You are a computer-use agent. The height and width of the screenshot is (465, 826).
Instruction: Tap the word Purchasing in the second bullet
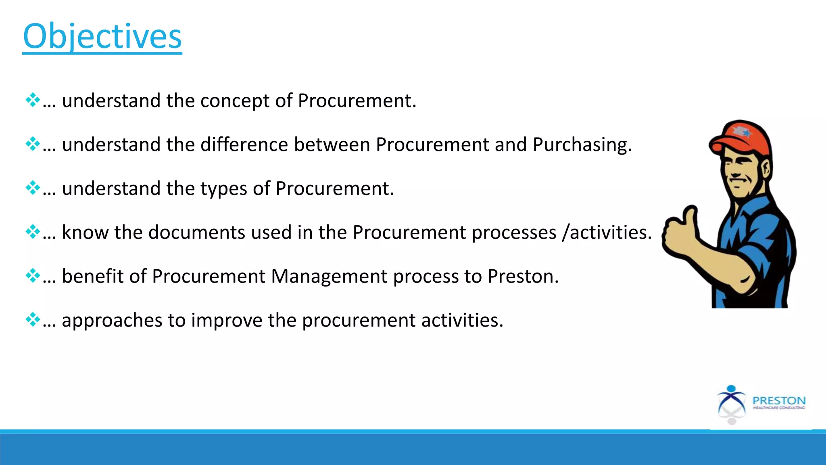point(582,145)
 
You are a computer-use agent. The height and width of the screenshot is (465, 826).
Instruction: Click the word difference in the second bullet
point(244,145)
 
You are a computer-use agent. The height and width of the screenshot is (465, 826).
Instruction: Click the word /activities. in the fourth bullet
point(607,232)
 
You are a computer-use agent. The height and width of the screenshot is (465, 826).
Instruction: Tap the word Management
point(329,276)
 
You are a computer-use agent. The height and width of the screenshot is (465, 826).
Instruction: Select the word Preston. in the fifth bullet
point(523,276)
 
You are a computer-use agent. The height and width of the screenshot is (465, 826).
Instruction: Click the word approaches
point(112,320)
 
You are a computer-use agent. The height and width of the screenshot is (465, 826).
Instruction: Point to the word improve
point(227,320)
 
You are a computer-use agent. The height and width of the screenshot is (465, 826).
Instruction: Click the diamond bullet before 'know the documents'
point(32,232)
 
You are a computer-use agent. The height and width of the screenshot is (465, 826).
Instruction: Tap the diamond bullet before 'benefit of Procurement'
point(32,276)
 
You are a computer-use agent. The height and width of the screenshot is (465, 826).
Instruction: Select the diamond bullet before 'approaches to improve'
point(32,320)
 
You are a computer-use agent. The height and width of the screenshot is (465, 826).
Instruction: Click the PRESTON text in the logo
point(779,400)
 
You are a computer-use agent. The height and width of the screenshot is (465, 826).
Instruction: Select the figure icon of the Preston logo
point(731,404)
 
